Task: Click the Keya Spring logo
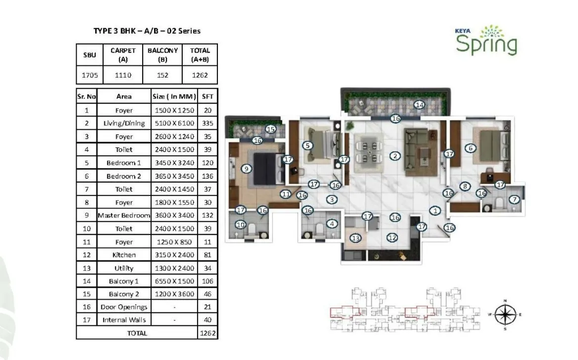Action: [x=486, y=40]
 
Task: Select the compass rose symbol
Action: [x=506, y=314]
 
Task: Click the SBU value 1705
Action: [x=90, y=75]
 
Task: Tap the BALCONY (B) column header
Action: [x=162, y=55]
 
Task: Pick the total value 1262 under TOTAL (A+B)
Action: [x=200, y=75]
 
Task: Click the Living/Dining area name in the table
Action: [x=124, y=123]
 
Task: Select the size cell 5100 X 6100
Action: [x=173, y=123]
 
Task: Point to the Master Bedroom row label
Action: [x=124, y=215]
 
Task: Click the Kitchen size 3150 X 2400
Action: [x=173, y=255]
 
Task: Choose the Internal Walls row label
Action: [x=124, y=320]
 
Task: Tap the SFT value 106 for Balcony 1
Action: [x=207, y=281]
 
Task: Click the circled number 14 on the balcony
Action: [x=420, y=104]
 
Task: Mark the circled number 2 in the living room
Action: [x=395, y=156]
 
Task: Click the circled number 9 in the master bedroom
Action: [x=246, y=168]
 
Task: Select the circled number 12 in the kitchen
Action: [x=392, y=238]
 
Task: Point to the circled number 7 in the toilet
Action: [x=515, y=200]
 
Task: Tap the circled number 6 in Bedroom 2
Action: [x=471, y=148]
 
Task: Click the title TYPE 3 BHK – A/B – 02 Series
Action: [x=147, y=31]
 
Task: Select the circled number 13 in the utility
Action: [x=355, y=239]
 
